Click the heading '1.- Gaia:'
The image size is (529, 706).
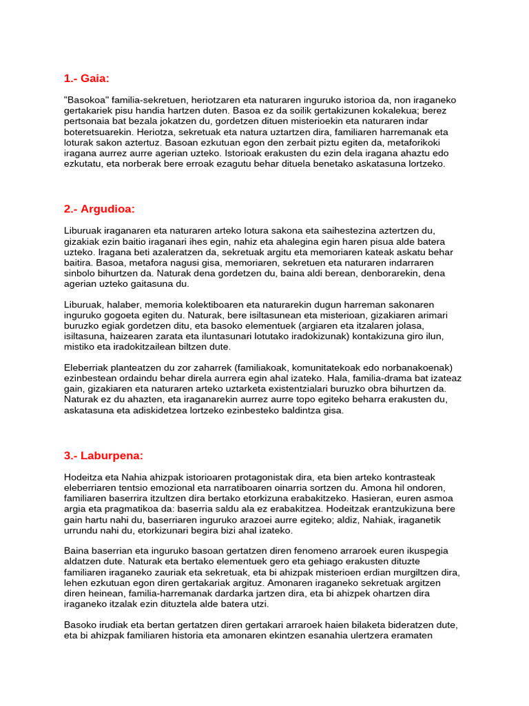[86, 79]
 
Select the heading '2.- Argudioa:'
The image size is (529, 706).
[99, 209]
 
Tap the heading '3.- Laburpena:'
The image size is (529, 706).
[103, 455]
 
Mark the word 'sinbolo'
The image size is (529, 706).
[79, 273]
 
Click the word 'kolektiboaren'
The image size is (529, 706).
[210, 305]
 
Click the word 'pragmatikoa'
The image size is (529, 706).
[129, 509]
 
